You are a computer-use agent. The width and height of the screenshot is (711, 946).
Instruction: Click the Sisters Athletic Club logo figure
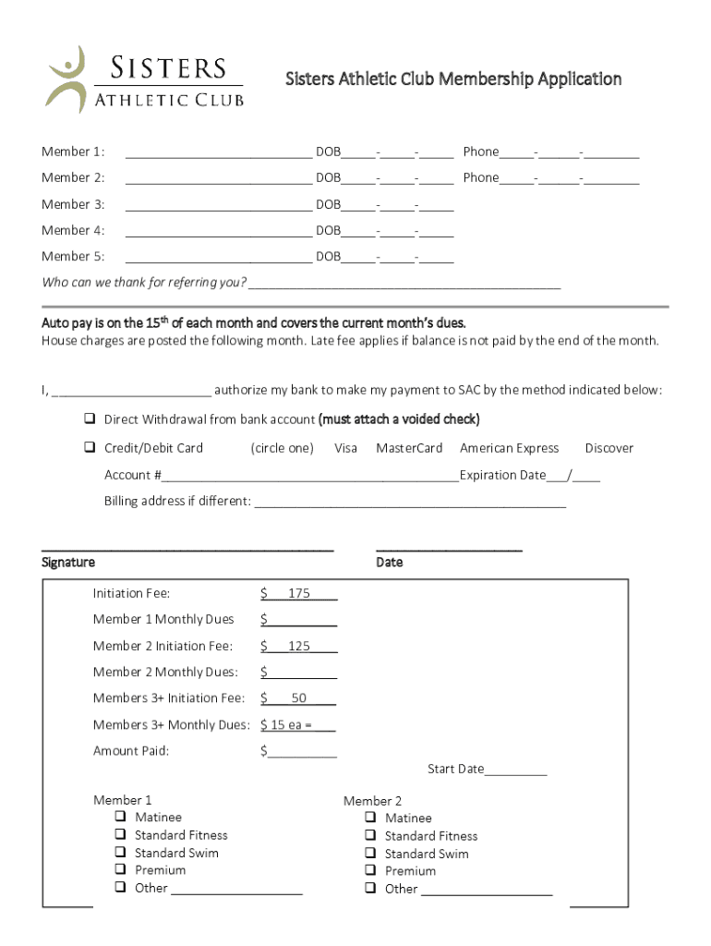(66, 79)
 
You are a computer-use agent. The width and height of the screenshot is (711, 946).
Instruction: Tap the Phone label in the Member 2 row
(480, 177)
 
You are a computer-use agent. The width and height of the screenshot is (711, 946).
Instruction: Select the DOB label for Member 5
(328, 256)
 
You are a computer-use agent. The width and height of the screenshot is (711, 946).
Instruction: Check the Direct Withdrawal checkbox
(90, 419)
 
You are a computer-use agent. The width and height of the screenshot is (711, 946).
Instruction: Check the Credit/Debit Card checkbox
(90, 448)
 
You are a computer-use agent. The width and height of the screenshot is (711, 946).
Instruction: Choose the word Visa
(345, 448)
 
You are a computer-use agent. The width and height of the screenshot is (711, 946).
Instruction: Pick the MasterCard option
(409, 448)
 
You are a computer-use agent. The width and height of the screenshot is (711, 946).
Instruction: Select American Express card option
(509, 448)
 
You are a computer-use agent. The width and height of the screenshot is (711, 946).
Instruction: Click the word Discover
(609, 448)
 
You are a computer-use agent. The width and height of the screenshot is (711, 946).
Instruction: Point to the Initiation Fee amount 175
(298, 593)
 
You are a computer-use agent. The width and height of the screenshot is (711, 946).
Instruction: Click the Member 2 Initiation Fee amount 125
(298, 646)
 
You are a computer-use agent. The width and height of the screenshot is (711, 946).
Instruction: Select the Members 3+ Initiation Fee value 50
(298, 698)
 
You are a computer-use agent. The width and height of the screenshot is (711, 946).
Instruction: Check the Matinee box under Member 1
(121, 818)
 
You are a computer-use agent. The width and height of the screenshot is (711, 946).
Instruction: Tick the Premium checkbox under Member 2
(370, 871)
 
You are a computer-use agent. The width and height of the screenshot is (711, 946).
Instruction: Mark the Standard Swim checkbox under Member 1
(121, 853)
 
